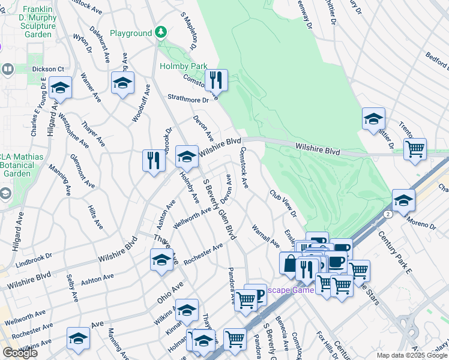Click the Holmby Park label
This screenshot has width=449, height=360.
183,66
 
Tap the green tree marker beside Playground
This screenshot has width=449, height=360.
160,32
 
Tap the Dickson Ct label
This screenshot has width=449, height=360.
47,69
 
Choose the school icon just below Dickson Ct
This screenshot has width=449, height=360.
60,88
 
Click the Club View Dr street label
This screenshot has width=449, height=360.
283,204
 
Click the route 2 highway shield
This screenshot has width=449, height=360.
389,214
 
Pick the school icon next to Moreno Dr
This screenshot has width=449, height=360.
403,200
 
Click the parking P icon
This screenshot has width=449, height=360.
256,295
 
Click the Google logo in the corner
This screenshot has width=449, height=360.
20,353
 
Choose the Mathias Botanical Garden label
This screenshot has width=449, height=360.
15,165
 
